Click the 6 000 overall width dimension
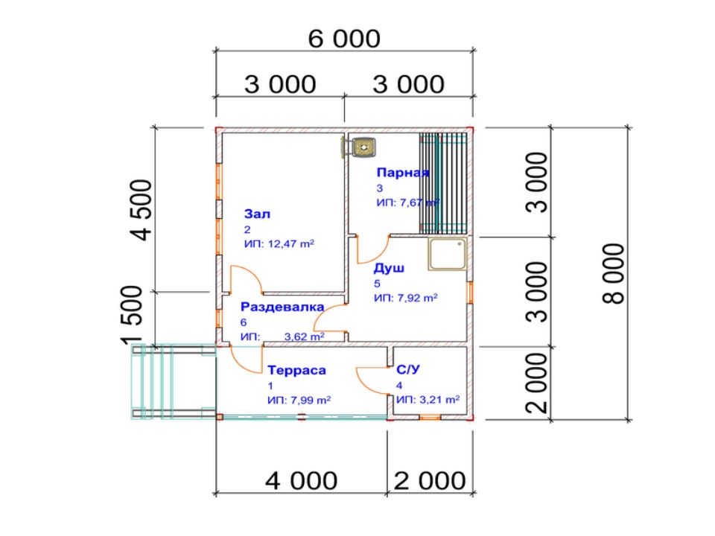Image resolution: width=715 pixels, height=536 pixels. point(344,39)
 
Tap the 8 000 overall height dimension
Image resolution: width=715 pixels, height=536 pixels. point(613,273)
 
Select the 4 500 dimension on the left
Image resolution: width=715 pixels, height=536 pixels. point(142,210)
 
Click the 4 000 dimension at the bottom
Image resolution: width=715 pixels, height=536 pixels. point(302,481)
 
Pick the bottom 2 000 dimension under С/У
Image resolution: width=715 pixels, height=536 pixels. point(430,481)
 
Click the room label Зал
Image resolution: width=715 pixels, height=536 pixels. point(257,214)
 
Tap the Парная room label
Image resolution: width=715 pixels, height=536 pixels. point(403,173)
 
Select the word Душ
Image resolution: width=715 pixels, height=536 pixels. point(389,268)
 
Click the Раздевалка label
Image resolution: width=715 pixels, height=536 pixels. point(282,307)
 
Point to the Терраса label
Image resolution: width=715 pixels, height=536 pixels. point(297,370)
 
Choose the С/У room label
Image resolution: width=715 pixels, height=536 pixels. point(408,369)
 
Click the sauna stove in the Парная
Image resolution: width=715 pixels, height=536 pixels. point(360,147)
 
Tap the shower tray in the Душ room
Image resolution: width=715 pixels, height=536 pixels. point(448,254)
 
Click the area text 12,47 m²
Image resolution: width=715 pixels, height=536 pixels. point(291,244)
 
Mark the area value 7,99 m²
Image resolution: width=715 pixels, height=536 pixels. point(311,401)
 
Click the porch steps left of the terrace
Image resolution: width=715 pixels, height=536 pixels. point(174,382)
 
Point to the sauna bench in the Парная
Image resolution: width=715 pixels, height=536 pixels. point(444,183)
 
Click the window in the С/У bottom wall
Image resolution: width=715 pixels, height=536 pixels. point(430,417)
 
